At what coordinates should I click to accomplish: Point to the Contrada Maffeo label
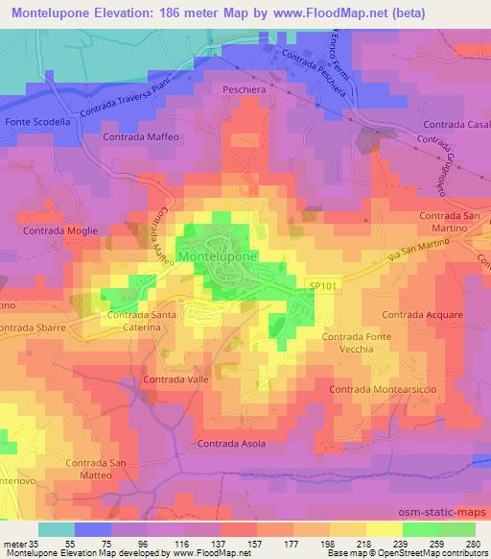[141, 137]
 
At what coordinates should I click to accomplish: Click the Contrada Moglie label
[59, 231]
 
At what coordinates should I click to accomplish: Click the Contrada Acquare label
[422, 314]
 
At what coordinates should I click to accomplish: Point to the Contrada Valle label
[175, 380]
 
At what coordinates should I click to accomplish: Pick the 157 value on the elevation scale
[254, 542]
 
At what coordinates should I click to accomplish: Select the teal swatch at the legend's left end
[57, 528]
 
